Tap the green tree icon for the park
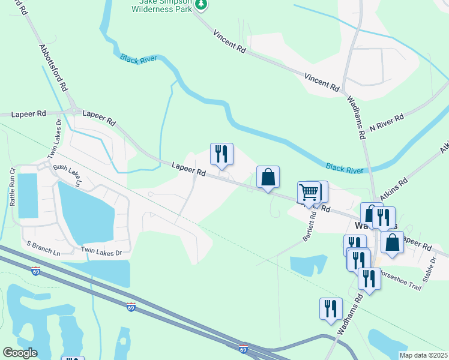[202, 4]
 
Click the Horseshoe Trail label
[399, 286]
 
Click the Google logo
[20, 353]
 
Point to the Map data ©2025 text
[423, 355]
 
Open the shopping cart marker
[309, 193]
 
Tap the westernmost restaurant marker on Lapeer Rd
[221, 154]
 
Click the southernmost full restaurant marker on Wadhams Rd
[331, 308]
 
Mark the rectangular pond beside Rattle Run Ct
[28, 195]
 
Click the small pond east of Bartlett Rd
[307, 265]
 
